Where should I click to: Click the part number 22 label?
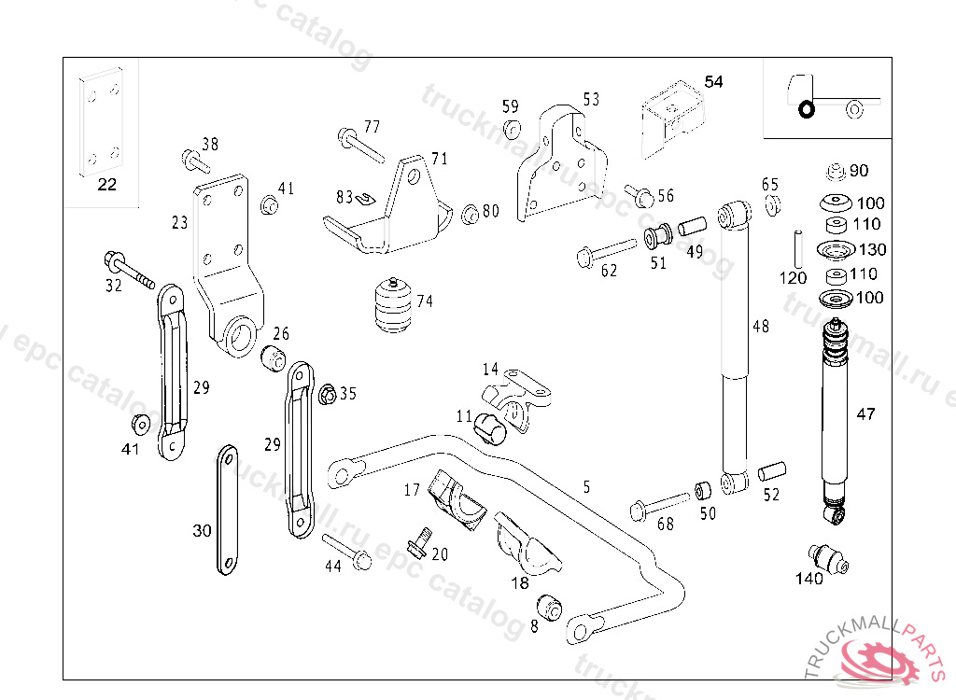107,185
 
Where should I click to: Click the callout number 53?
591,100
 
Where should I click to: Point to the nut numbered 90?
837,171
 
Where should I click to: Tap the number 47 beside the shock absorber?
866,414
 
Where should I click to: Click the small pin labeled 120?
799,246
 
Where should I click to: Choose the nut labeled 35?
328,394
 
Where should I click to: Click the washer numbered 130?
836,250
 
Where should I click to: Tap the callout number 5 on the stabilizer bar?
586,485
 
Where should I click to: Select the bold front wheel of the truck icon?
806,111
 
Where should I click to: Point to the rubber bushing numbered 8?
551,608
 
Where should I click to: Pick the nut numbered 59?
511,128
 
